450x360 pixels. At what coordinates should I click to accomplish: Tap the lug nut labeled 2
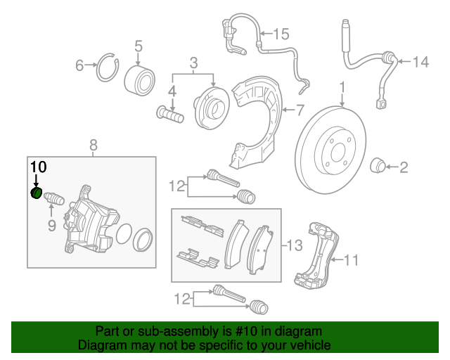(x=378, y=167)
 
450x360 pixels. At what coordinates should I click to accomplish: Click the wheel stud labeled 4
(x=169, y=113)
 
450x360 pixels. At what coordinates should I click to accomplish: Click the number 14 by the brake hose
(x=420, y=63)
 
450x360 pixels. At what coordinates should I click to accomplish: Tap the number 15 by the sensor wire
(x=281, y=33)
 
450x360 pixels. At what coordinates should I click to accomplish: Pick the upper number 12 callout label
(x=177, y=186)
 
